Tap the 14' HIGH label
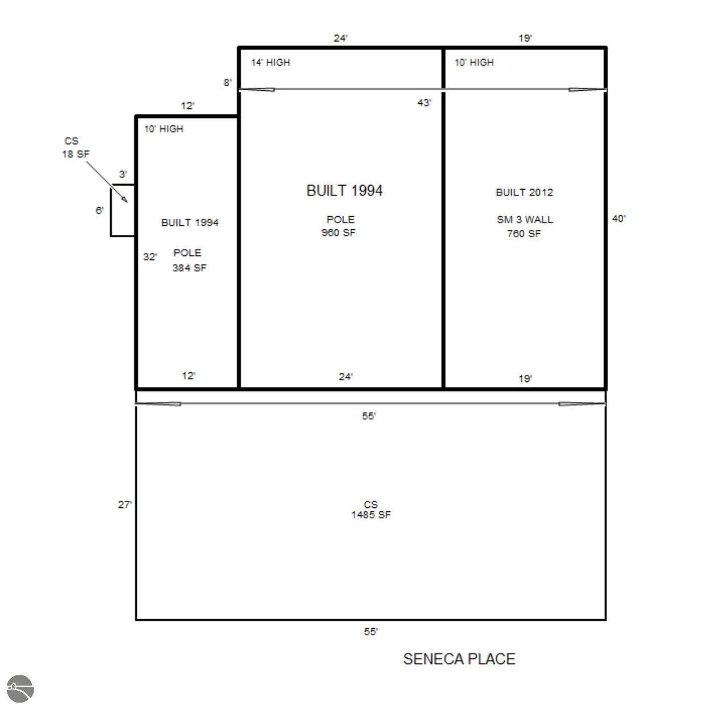270,62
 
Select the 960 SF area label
338,233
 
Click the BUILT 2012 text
524,192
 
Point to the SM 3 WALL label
525,220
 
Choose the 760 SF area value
524,233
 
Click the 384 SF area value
189,268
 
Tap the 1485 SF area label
371,515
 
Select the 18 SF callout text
76,154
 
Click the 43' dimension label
424,103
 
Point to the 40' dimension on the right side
618,218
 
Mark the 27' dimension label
125,505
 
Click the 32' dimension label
150,257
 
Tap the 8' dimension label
228,83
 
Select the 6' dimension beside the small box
100,211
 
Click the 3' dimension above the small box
123,174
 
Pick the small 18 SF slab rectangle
111,211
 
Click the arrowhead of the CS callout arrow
126,200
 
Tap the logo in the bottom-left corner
20,688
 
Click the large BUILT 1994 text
344,191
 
